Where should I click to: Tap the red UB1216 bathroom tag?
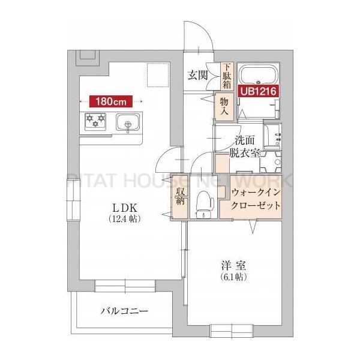(x=259, y=92)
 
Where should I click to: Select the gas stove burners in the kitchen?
(x=95, y=121)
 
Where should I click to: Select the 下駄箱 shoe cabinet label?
(x=227, y=76)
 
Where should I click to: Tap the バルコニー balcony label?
(x=124, y=311)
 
